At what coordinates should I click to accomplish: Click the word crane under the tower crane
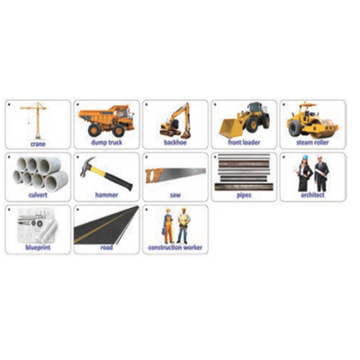pyautogui.click(x=38, y=144)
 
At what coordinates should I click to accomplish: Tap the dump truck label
pyautogui.click(x=106, y=142)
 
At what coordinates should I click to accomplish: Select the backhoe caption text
pyautogui.click(x=175, y=142)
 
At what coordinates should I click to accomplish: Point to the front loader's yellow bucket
pyautogui.click(x=230, y=128)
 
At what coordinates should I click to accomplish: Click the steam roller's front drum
pyautogui.click(x=328, y=128)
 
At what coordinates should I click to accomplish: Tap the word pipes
pyautogui.click(x=244, y=195)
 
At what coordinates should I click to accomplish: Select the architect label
pyautogui.click(x=312, y=195)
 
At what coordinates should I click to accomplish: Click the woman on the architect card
pyautogui.click(x=304, y=174)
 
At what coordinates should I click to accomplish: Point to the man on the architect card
pyautogui.click(x=321, y=174)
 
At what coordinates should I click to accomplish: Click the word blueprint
pyautogui.click(x=38, y=247)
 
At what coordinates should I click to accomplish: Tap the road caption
pyautogui.click(x=106, y=247)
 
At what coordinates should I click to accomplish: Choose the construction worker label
pyautogui.click(x=175, y=247)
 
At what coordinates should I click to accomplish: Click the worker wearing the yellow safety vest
pyautogui.click(x=183, y=226)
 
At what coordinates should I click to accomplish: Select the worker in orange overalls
pyautogui.click(x=168, y=226)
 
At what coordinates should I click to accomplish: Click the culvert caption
pyautogui.click(x=38, y=195)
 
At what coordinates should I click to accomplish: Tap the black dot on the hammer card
pyautogui.click(x=77, y=157)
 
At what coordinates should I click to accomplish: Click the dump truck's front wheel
pyautogui.click(x=119, y=130)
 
